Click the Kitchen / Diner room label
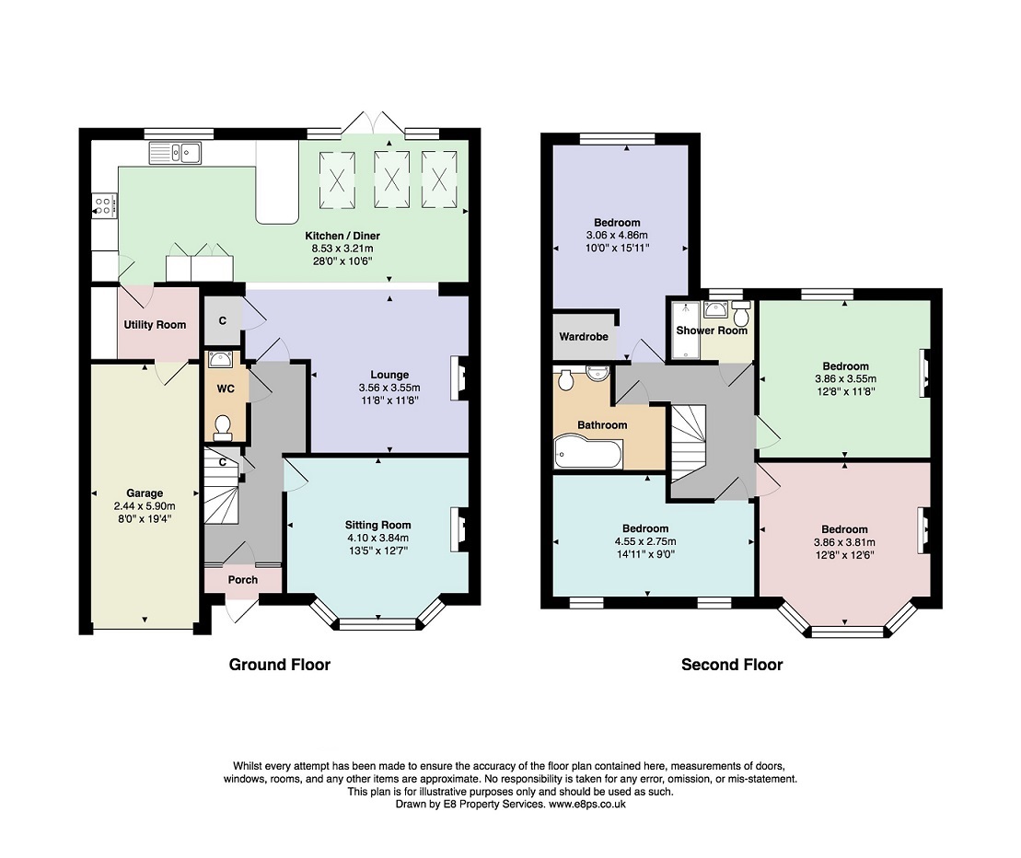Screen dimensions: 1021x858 click(342, 236)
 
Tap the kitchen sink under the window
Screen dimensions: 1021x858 click(176, 153)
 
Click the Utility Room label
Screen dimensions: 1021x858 click(155, 325)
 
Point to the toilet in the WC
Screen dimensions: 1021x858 click(223, 426)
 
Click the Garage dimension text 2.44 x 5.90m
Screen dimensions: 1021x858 click(145, 505)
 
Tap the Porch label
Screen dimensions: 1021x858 click(243, 579)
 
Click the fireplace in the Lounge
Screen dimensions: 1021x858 click(459, 377)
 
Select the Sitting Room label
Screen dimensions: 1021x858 click(378, 526)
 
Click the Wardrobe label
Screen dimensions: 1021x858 click(584, 337)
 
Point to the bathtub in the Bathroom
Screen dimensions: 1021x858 click(588, 452)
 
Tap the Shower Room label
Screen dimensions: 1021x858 click(712, 330)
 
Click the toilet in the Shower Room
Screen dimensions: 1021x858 click(741, 314)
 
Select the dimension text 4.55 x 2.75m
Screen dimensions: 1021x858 click(645, 541)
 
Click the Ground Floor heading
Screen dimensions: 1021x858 click(280, 665)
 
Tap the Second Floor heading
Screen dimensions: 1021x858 click(732, 665)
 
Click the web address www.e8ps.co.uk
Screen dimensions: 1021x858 click(587, 804)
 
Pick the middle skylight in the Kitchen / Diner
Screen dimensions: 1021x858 click(391, 180)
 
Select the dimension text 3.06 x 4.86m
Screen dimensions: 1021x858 click(617, 235)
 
